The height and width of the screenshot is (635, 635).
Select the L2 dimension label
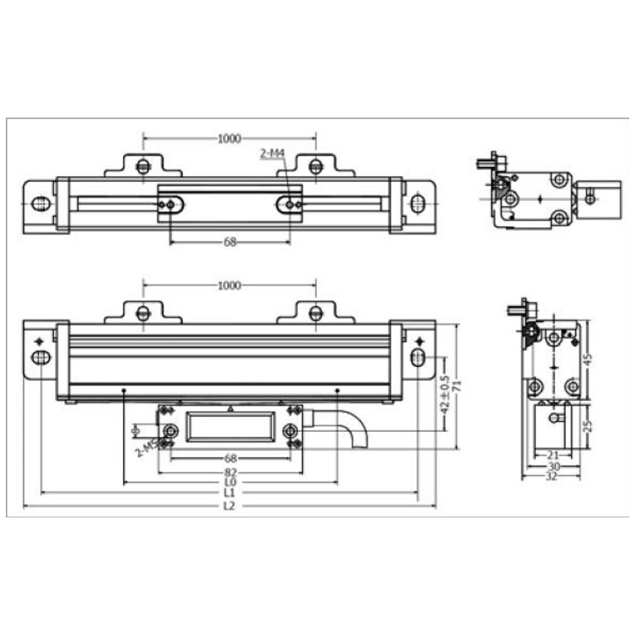click(x=229, y=506)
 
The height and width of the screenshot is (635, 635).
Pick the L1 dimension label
click(x=229, y=493)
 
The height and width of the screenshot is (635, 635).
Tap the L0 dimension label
click(x=229, y=483)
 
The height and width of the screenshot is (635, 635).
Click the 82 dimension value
click(x=230, y=472)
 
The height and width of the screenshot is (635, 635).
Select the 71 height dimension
click(x=457, y=386)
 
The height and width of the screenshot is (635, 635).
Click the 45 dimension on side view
click(x=587, y=359)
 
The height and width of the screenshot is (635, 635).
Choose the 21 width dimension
click(x=552, y=455)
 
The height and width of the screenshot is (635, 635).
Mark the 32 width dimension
click(x=551, y=477)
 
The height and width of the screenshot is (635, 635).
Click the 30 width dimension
click(x=552, y=466)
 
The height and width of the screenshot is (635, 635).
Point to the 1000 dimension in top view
click(x=229, y=139)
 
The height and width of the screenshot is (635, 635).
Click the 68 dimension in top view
click(x=230, y=242)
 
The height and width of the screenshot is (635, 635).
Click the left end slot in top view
click(x=40, y=203)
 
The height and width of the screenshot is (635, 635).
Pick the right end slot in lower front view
click(x=417, y=356)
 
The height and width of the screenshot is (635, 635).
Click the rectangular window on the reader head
click(x=230, y=427)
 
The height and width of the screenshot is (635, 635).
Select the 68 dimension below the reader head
click(x=230, y=458)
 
